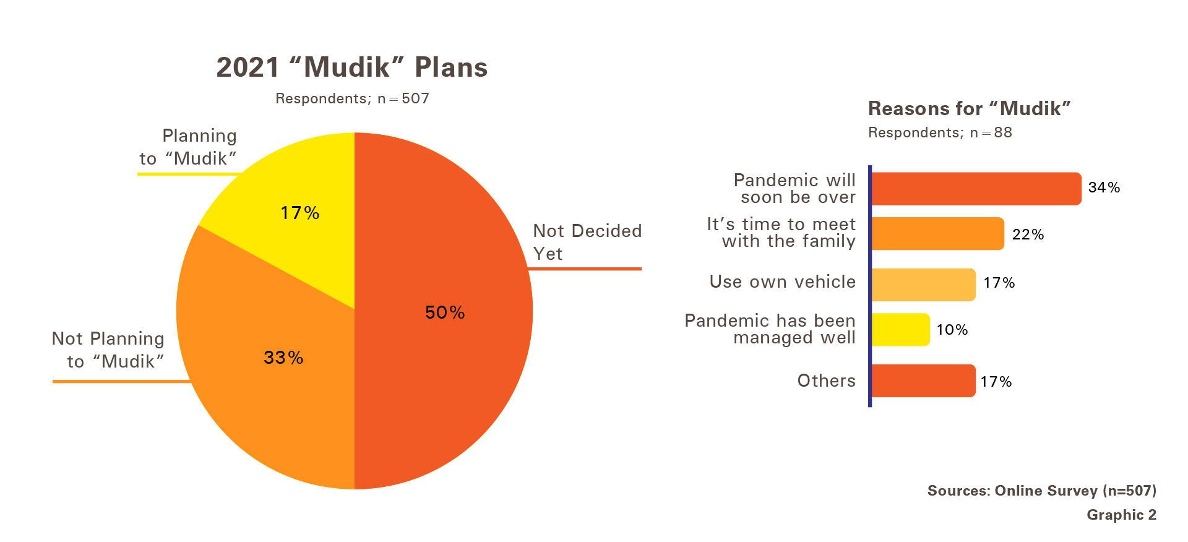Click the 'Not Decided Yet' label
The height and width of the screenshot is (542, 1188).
(587, 242)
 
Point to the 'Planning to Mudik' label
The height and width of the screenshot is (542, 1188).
(188, 147)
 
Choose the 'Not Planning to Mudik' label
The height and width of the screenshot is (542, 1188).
(108, 350)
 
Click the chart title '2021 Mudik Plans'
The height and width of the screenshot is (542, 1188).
(352, 67)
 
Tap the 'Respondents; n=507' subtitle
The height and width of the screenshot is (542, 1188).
(352, 98)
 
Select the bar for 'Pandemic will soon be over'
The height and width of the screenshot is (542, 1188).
(976, 189)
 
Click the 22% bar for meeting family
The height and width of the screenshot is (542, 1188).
(938, 234)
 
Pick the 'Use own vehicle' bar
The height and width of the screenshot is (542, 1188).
(924, 285)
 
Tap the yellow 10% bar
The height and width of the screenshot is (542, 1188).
(901, 330)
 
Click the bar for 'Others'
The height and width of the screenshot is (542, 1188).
(924, 381)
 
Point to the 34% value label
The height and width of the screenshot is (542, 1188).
(1104, 187)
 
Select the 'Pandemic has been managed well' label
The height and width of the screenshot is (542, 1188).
(770, 329)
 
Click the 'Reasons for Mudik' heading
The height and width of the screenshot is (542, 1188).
(969, 109)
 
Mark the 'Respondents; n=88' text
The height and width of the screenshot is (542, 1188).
(940, 132)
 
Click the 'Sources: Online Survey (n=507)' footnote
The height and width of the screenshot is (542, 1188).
(1042, 491)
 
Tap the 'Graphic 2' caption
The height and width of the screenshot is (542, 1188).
(1122, 515)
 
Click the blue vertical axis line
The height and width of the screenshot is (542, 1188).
(870, 286)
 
